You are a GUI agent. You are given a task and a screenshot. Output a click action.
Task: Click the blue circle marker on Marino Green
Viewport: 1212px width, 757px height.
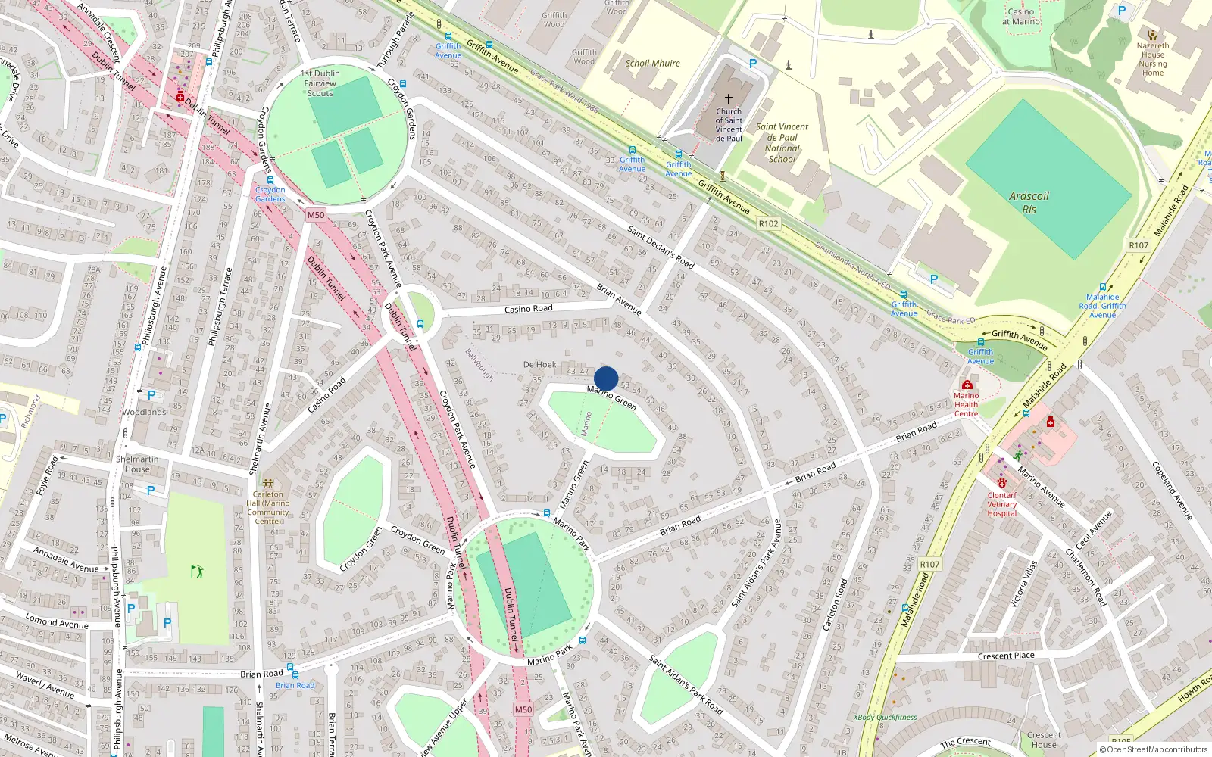click(x=606, y=378)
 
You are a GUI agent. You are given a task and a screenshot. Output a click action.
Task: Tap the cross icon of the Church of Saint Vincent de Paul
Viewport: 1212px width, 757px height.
click(x=729, y=99)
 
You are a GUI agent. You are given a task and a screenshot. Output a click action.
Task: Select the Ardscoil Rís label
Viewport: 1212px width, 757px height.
click(x=1029, y=203)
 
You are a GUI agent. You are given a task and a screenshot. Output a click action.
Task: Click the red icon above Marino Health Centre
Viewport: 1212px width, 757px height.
click(x=967, y=385)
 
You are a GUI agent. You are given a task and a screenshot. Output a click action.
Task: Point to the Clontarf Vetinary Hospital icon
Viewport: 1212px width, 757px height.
click(x=1002, y=482)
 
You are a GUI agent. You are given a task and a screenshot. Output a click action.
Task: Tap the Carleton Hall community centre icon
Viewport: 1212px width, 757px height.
click(x=267, y=482)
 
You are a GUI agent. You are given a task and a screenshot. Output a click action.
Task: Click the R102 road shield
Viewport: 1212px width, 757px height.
click(x=768, y=223)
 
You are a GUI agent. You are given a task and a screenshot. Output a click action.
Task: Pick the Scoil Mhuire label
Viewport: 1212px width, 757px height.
click(x=652, y=64)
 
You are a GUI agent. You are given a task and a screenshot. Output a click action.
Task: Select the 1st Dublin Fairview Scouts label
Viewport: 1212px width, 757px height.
click(x=320, y=83)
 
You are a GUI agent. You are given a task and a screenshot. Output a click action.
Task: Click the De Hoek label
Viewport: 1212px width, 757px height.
click(x=539, y=365)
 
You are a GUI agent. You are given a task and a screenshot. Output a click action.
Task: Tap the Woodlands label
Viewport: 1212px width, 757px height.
click(x=144, y=413)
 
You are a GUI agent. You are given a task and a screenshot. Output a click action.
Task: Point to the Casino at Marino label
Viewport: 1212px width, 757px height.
click(x=1020, y=17)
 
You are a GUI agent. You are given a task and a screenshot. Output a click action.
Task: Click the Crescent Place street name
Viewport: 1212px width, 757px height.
click(x=1005, y=656)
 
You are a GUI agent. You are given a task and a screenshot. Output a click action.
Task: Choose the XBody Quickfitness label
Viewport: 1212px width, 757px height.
click(x=885, y=717)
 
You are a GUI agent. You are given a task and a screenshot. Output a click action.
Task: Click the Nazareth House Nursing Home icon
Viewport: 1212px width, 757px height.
click(x=1152, y=35)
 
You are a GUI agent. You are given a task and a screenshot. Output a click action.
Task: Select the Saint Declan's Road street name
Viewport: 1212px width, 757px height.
click(x=661, y=247)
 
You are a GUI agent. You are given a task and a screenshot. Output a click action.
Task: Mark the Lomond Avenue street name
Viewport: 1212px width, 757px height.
click(x=57, y=622)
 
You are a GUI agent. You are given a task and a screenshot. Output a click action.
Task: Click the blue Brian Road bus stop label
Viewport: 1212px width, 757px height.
click(x=295, y=685)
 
